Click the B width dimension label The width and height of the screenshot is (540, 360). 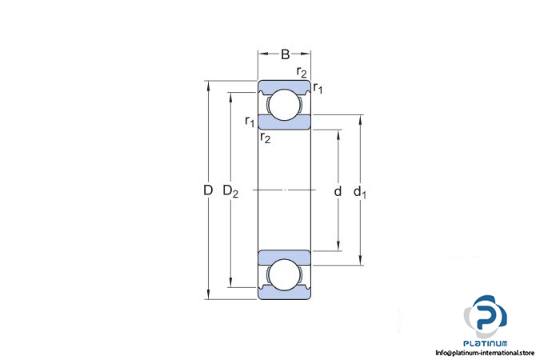coord(285,55)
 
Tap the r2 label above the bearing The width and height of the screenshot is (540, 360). coord(301,73)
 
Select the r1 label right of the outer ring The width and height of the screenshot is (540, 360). coord(318,87)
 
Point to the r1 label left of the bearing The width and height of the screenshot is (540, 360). coord(250,122)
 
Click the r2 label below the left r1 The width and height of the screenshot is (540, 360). coord(266,138)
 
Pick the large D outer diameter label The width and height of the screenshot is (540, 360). coord(207,190)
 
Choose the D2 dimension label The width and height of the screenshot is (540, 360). coord(230,191)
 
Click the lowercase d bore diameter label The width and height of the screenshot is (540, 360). coord(338,191)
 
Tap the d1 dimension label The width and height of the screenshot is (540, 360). coord(361,192)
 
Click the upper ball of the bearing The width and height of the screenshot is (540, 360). coord(284,106)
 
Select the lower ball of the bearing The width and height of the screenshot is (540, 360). coord(284,274)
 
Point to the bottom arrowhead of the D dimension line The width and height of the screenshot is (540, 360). coord(208,296)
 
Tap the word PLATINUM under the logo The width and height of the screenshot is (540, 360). coord(486,342)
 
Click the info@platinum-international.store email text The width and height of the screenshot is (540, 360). coord(485,353)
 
